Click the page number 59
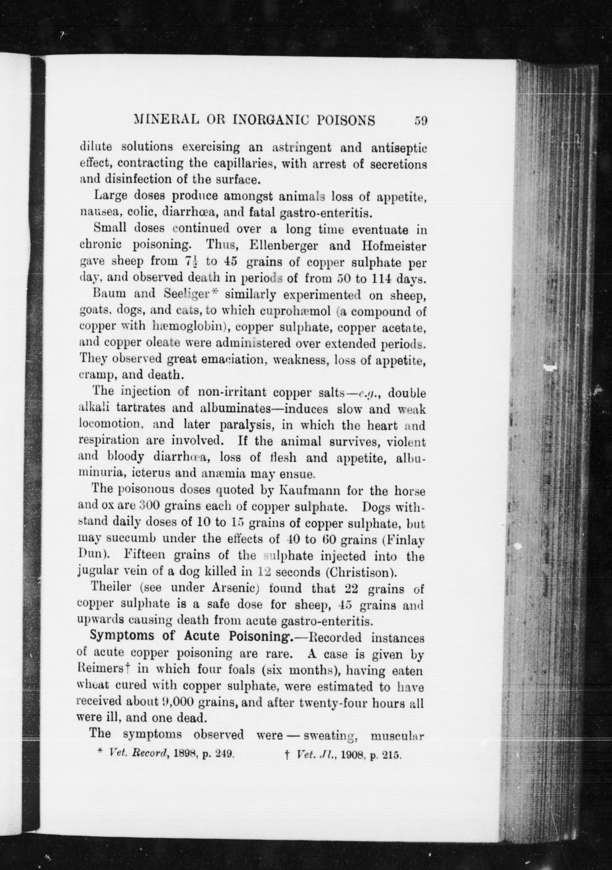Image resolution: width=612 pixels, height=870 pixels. pyautogui.click(x=420, y=121)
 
